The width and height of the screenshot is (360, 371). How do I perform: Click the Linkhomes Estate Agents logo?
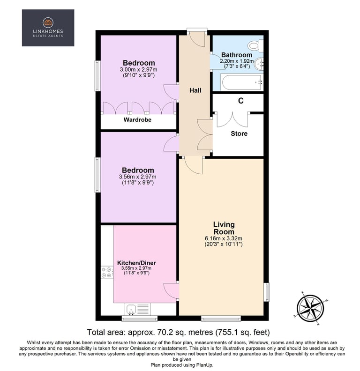point(48,28)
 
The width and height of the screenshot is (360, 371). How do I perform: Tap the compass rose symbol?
point(311,308)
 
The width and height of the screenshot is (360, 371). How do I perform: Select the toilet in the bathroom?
point(255,45)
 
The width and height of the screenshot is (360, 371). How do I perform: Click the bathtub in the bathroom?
point(242,82)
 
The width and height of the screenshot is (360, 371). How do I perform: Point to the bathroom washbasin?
point(259,63)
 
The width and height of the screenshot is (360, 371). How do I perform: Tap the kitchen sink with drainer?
point(138,309)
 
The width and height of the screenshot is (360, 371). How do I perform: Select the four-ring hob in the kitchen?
point(107,272)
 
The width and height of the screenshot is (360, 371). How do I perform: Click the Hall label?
point(195,90)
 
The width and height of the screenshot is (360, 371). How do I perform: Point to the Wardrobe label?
point(137,120)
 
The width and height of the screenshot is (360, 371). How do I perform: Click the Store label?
point(239,134)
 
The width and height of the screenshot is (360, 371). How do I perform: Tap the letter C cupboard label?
point(240,101)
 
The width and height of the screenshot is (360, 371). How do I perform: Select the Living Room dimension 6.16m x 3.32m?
point(224,238)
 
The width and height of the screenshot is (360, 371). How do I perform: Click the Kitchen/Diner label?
point(137,263)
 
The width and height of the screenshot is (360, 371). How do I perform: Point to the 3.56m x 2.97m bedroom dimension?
point(138,177)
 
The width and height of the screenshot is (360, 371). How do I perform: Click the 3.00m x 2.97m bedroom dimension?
point(139,69)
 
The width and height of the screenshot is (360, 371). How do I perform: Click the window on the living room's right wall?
point(267,292)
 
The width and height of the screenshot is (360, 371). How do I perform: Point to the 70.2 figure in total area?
point(163,332)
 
